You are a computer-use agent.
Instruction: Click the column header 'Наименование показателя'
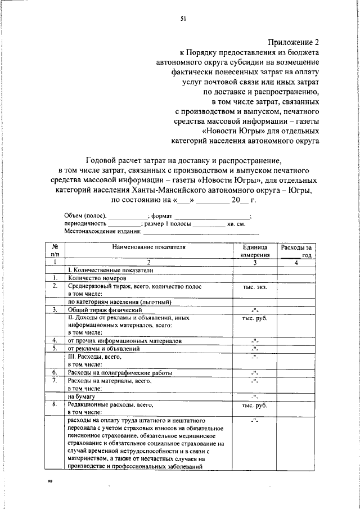click(148, 247)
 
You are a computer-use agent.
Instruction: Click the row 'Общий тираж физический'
click(104, 310)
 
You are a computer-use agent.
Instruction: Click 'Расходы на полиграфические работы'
click(120, 372)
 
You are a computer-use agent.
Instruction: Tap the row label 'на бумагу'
click(80, 396)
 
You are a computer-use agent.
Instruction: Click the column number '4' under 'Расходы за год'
click(296, 263)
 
